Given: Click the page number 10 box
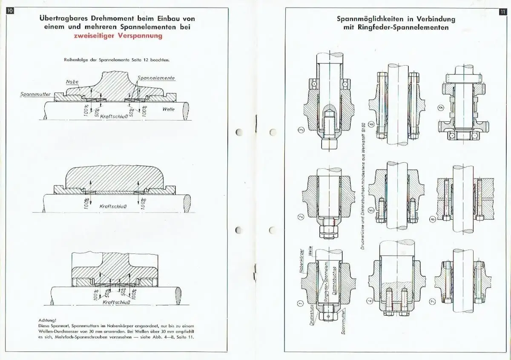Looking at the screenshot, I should click(x=10, y=10).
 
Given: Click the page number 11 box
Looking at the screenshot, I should click(x=502, y=12).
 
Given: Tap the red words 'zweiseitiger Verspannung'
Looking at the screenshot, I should click(x=118, y=36).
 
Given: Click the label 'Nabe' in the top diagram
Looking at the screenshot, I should click(x=72, y=81).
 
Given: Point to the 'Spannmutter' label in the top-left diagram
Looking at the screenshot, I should click(x=35, y=95).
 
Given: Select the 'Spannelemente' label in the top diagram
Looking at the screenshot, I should click(x=156, y=78).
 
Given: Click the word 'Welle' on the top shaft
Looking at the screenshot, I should click(x=168, y=109).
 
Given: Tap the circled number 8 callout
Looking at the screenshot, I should click(x=432, y=219).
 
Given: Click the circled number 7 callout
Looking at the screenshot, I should click(x=432, y=301).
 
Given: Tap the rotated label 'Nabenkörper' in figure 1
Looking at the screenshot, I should click(x=301, y=261).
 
